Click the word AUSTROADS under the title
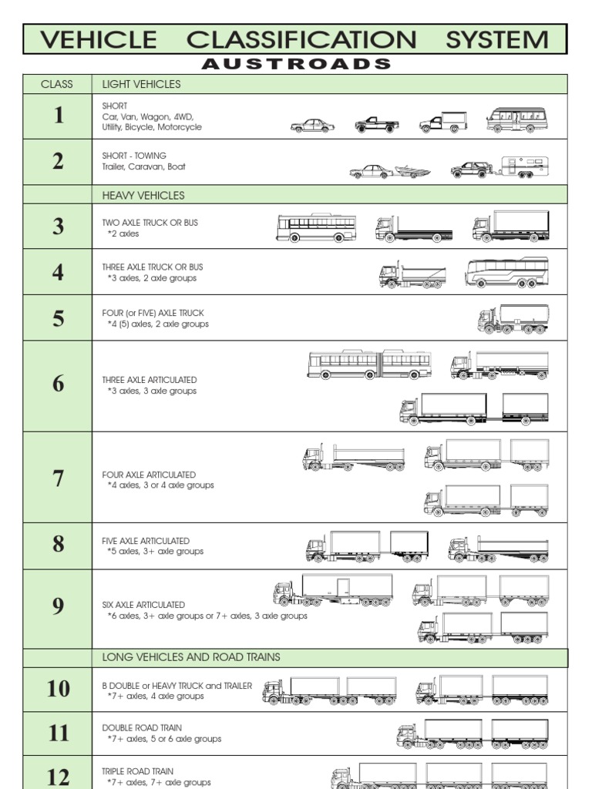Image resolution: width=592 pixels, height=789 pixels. pos(295,64)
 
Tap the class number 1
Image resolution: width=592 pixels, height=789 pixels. pos(58,116)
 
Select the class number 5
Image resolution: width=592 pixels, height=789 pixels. pos(58,318)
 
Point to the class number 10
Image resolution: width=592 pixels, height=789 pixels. pos(58,688)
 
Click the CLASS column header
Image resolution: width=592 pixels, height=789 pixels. pos(57,84)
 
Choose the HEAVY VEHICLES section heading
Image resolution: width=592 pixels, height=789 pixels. pos(143,195)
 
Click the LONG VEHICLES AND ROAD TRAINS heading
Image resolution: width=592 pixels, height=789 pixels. pos(191,657)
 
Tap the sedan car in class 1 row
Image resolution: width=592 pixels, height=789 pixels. pos(312,126)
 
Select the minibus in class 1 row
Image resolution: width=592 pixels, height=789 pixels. pos(516,120)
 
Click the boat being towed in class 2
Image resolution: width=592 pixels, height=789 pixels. pos(412,172)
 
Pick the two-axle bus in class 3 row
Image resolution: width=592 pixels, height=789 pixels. pos(316,227)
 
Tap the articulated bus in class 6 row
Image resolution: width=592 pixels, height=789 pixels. pos(368,364)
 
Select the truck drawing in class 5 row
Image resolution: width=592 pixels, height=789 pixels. pos(513,319)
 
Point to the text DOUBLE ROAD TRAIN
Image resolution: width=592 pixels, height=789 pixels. pos(143,727)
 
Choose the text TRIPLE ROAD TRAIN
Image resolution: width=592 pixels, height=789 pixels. pos(138,771)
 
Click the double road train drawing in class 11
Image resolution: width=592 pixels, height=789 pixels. pos(473,734)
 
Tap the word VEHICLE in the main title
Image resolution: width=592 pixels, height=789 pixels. pos(98,39)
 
